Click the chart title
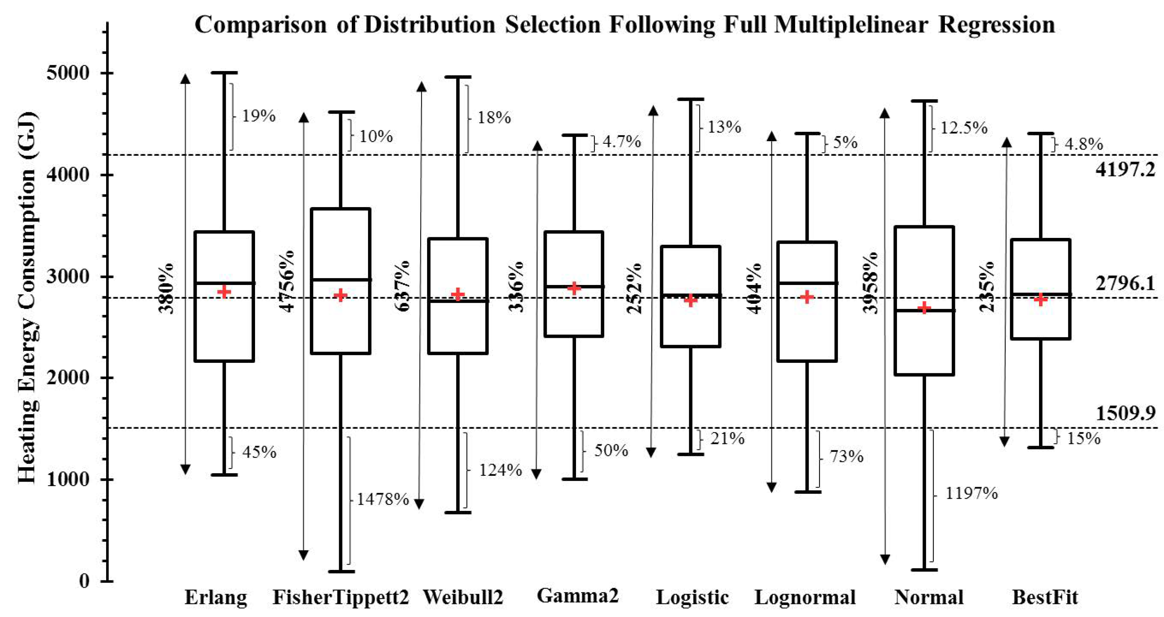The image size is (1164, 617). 625,25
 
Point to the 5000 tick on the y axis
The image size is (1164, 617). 68,73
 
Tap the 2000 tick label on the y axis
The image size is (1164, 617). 68,378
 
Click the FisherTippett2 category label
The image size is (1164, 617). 341,597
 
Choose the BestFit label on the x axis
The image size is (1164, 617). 1045,597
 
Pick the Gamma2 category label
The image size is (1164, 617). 577,596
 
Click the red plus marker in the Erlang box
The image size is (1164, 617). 224,292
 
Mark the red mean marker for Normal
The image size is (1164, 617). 925,308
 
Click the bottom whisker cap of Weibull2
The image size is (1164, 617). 458,513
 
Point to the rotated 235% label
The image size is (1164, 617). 987,286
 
